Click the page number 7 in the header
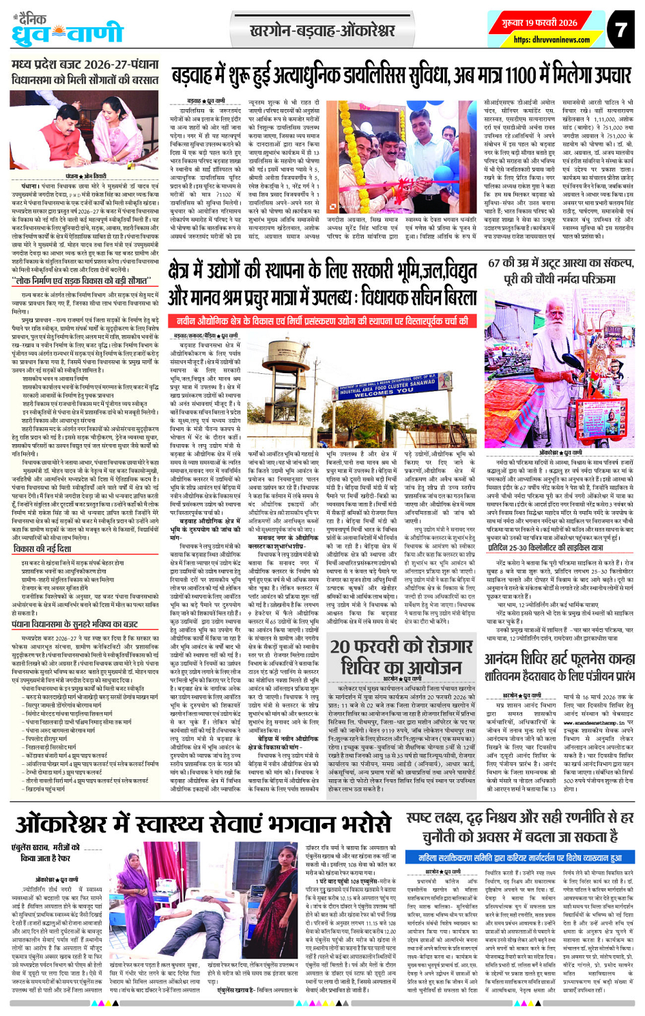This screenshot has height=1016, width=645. point(619,30)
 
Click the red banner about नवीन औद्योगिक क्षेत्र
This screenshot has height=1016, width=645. point(321,320)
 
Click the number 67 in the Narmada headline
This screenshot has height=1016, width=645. point(496,263)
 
